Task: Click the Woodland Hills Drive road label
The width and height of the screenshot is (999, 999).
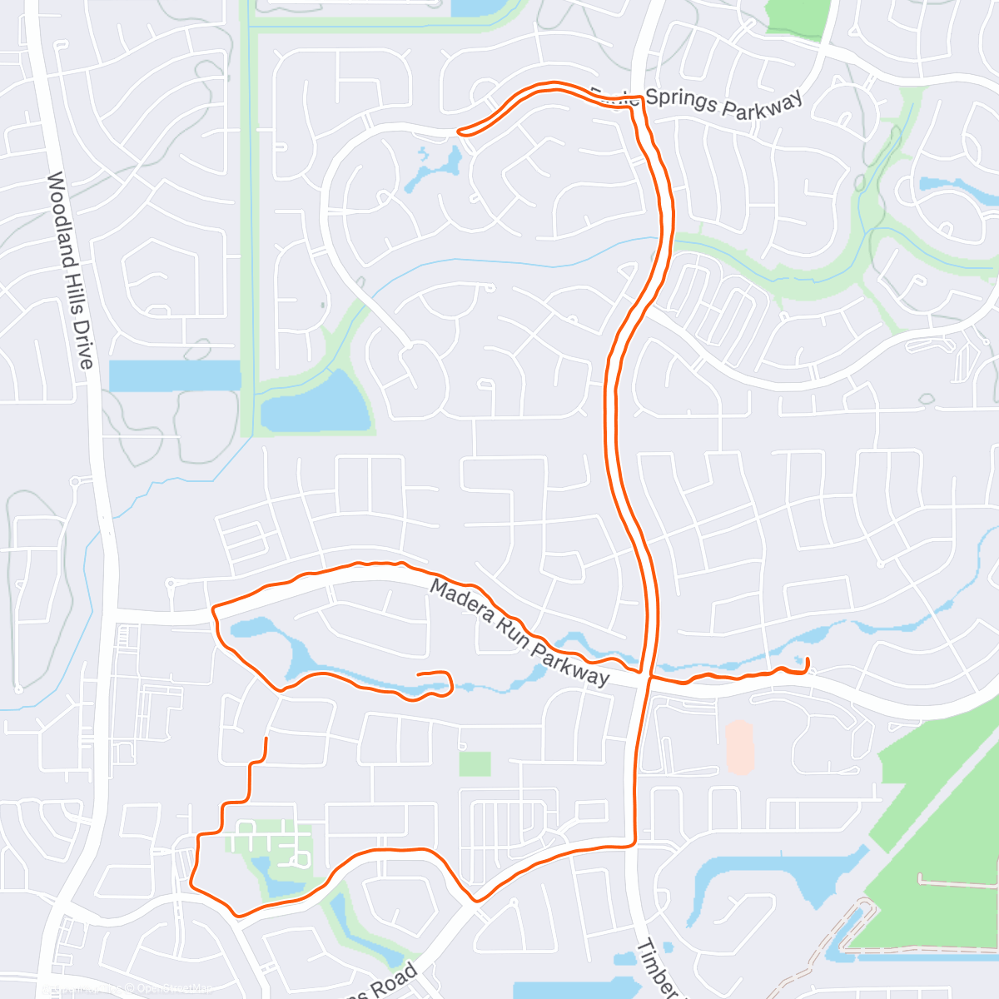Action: (x=70, y=270)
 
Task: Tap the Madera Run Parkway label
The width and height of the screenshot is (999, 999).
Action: (x=519, y=633)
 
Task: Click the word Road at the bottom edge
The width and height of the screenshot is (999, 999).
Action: (x=395, y=982)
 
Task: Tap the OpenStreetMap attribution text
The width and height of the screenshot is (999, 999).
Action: (x=175, y=989)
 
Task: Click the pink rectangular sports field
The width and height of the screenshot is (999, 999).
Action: (x=739, y=747)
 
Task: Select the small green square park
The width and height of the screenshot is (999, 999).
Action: (x=475, y=763)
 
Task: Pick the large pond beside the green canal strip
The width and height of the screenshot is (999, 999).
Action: (x=316, y=404)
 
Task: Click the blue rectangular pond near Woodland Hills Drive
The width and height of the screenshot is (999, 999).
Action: (x=175, y=375)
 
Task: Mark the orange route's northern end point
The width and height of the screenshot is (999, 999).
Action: (x=459, y=132)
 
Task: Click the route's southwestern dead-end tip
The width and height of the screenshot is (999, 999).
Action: (x=266, y=738)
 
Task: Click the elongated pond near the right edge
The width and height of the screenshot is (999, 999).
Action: (x=957, y=187)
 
